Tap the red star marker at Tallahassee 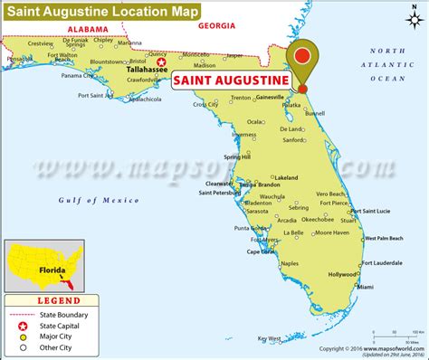point(163,63)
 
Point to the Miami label point(365,287)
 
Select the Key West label point(271,338)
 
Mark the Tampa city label point(250,185)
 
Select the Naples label point(290,263)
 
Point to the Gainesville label point(271,97)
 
